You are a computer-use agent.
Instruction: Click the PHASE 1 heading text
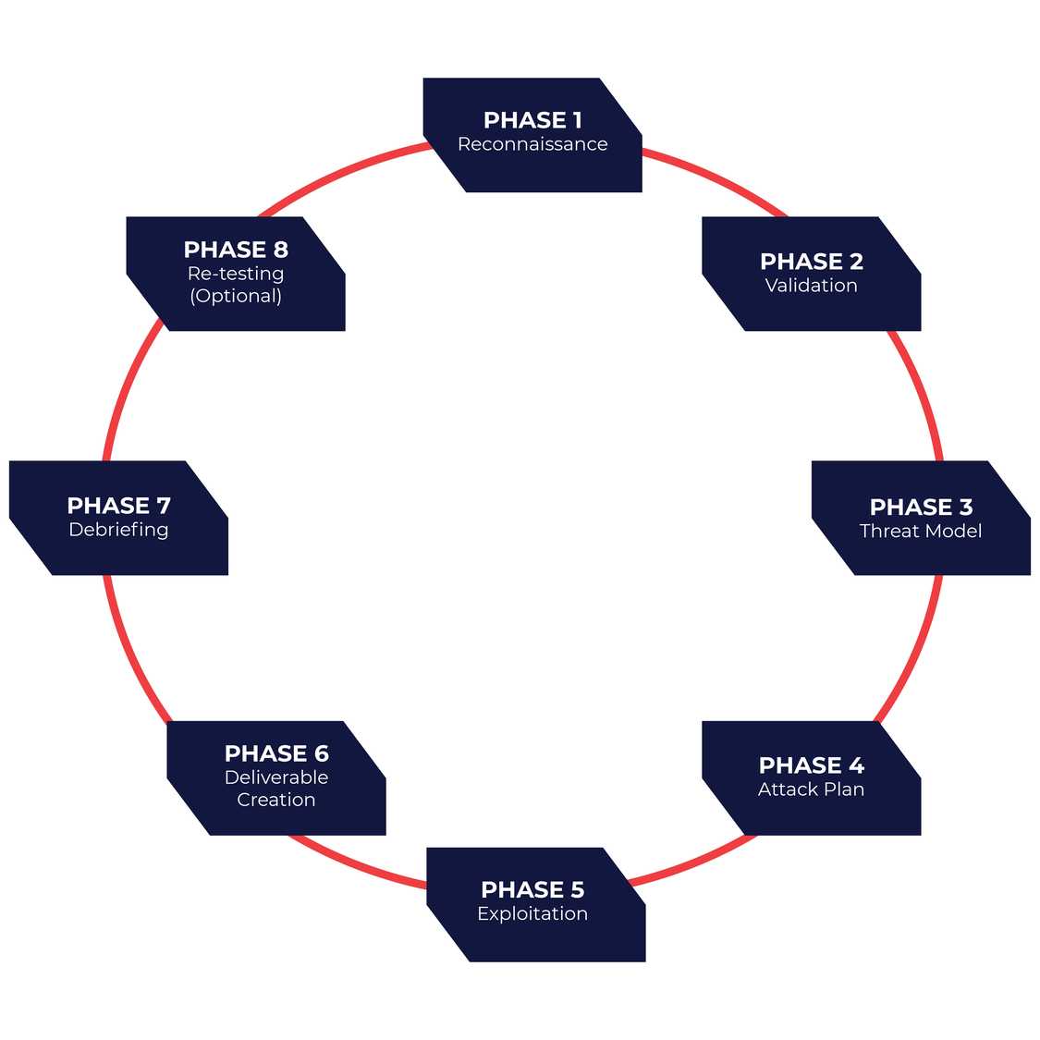point(532,120)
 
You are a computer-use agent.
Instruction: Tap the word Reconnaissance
point(532,144)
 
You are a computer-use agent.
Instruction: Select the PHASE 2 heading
point(811,262)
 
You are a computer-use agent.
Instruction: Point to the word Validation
point(811,286)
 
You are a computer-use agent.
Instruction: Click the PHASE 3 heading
point(921,507)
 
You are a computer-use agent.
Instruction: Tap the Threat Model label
point(921,531)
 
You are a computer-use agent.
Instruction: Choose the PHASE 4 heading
point(811,765)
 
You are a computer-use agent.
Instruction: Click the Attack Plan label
point(811,789)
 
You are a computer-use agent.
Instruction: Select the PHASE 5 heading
point(532,889)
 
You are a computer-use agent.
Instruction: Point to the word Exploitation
point(532,913)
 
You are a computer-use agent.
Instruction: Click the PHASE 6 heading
point(276,753)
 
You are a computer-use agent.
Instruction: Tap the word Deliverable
point(276,777)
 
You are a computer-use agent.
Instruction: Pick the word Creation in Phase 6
point(276,800)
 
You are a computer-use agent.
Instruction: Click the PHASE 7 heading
point(118,506)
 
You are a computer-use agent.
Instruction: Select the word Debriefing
point(118,530)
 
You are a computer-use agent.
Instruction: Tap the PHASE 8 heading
point(236,250)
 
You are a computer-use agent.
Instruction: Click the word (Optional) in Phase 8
point(236,296)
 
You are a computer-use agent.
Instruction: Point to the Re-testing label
point(236,274)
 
